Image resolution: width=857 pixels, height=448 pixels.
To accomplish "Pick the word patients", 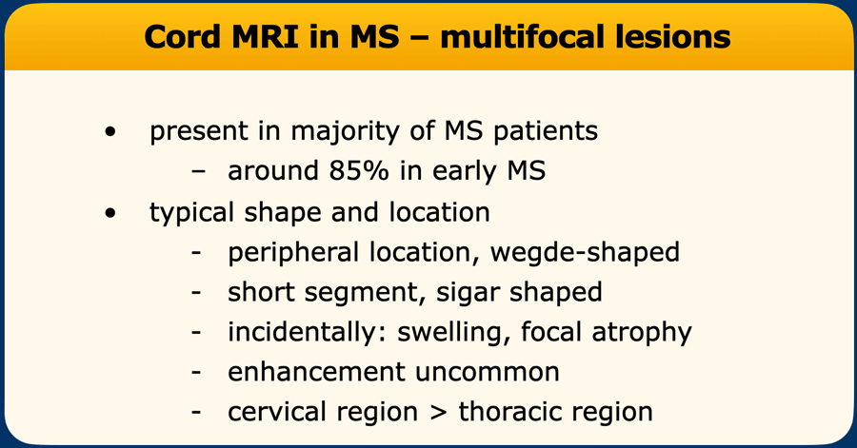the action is click(x=546, y=131).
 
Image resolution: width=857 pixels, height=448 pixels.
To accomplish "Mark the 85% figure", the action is click(x=359, y=171).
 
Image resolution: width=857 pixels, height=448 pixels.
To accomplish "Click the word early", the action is click(x=465, y=172).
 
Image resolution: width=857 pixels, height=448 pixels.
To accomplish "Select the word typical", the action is click(x=191, y=213).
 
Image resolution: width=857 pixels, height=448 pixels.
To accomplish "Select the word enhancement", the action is click(x=316, y=373).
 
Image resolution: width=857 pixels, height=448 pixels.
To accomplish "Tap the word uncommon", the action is click(x=487, y=373).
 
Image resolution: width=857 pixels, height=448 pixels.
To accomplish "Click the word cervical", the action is click(x=277, y=413).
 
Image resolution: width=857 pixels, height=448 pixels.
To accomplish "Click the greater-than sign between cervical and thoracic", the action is click(x=438, y=413).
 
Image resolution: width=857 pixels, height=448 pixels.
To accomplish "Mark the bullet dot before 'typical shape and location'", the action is click(x=110, y=212).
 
